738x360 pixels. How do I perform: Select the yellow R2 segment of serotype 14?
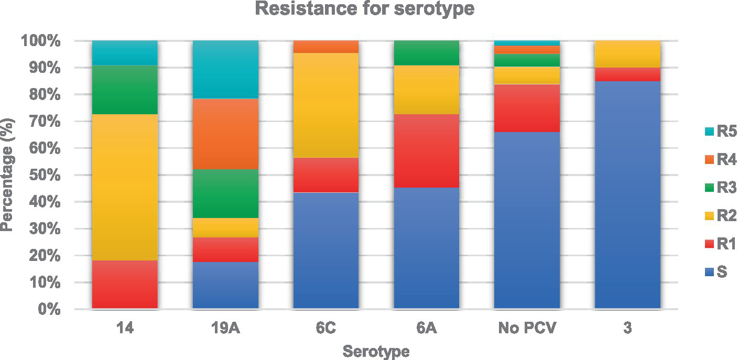125,187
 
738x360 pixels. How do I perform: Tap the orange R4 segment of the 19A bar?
225,134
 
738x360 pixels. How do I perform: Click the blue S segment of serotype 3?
627,195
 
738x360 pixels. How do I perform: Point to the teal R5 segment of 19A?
225,69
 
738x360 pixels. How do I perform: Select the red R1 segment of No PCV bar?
527,108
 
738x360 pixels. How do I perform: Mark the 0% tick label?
51,310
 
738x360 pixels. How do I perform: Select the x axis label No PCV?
526,329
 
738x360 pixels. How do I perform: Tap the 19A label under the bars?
225,329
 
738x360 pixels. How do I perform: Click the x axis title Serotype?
376,351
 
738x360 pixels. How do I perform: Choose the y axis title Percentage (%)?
7,174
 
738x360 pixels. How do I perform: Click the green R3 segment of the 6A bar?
426,53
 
